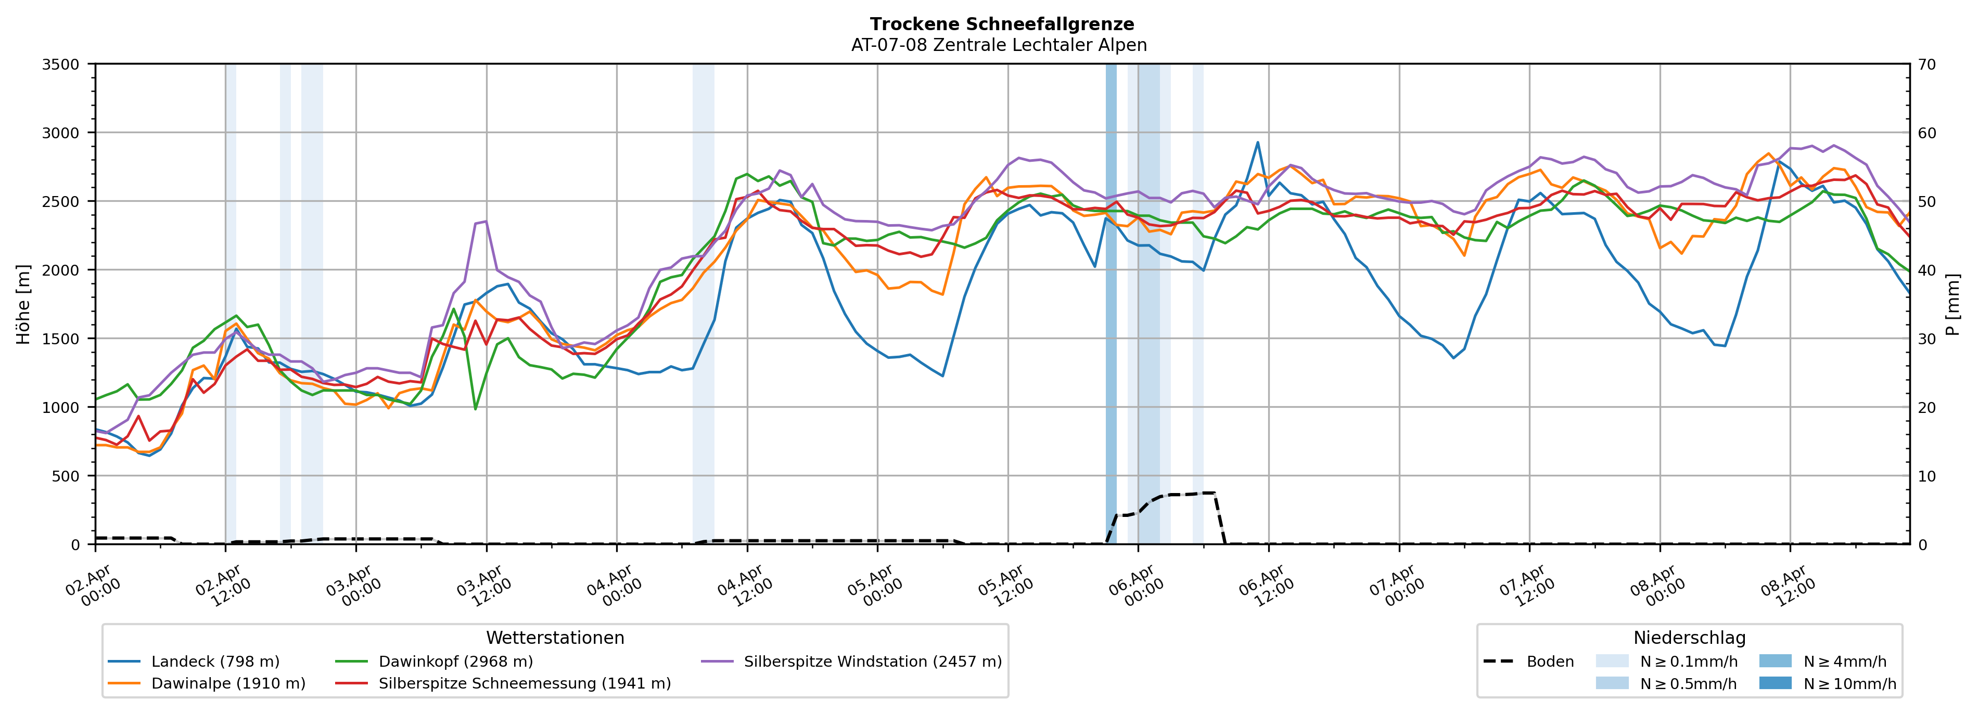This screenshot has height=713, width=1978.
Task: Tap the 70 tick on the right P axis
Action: pos(1928,64)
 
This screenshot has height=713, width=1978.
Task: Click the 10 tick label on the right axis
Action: pos(1928,476)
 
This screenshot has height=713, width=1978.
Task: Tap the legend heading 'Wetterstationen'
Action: pos(555,638)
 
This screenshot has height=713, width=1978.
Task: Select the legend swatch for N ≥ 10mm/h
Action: pos(1775,683)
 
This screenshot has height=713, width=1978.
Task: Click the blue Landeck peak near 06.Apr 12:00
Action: pos(1258,142)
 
